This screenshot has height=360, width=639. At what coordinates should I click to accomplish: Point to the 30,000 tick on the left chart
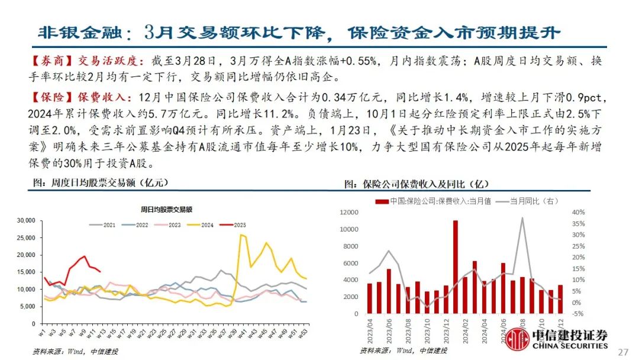point(27,221)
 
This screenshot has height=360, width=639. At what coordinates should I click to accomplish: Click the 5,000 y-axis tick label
point(28,306)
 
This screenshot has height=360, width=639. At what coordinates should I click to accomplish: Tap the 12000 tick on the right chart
point(349,212)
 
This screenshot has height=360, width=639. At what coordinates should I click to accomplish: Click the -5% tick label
point(577,314)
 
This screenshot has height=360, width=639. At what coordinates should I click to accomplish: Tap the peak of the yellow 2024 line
point(241,234)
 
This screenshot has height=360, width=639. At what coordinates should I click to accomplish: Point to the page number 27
point(622,352)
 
